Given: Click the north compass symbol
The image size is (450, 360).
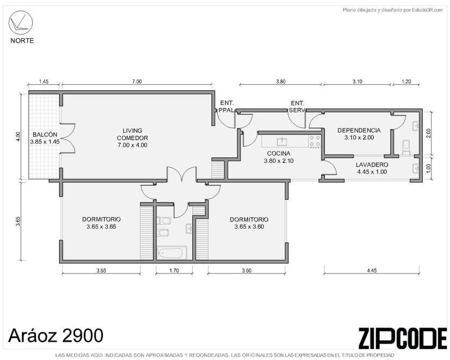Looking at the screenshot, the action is click(19, 22).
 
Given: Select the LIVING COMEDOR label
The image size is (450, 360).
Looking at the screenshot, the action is click(132, 138).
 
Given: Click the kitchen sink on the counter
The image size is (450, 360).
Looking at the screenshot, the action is click(282, 141).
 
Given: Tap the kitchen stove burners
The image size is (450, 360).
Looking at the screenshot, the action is click(315, 141).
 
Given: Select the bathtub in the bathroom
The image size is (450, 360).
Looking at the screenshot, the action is click(171, 253).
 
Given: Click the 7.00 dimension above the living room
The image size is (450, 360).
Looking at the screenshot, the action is click(137, 82).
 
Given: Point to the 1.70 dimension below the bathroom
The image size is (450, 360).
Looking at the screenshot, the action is click(174, 270).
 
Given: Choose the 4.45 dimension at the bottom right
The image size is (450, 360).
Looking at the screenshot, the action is click(372, 270).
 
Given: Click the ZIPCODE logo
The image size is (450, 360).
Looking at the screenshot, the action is click(402, 339).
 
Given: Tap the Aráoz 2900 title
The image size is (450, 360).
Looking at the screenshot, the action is click(56, 335).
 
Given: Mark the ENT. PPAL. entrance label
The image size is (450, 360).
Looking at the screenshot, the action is click(227, 106).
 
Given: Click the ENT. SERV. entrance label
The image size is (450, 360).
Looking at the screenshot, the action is click(297, 106).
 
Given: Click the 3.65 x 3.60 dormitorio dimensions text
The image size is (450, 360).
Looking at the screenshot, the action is click(249, 227).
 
